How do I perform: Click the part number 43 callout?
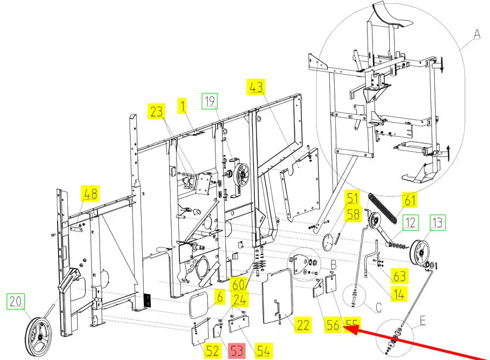[256, 87]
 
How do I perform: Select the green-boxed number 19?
[209, 101]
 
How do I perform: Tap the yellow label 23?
[156, 112]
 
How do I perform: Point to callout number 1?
[183, 106]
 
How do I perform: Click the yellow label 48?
[90, 194]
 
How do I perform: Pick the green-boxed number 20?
[15, 301]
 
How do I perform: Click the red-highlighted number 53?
[237, 351]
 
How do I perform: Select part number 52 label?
[213, 351]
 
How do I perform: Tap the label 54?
[264, 351]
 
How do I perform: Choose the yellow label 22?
[302, 325]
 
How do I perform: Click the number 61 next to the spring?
[410, 200]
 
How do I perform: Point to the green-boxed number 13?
[437, 223]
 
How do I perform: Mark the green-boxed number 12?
[410, 223]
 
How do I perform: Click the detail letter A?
[477, 34]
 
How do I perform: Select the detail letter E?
[423, 320]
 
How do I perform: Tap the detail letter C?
[378, 307]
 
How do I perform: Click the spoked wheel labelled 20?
[38, 337]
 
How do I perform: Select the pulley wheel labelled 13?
[419, 253]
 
